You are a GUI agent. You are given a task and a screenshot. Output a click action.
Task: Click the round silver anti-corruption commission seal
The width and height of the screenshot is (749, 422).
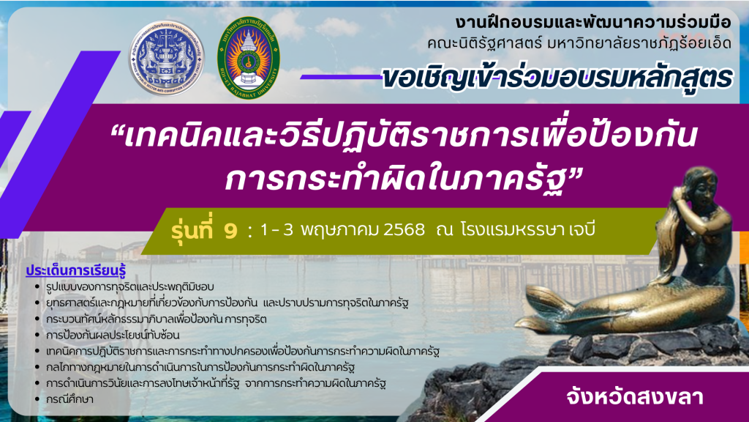tap(166, 59)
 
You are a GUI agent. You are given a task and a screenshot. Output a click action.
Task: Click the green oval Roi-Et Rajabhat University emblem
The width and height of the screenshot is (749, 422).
tap(249, 58)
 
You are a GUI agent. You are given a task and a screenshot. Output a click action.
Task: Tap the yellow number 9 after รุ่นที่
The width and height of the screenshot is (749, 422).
tap(230, 231)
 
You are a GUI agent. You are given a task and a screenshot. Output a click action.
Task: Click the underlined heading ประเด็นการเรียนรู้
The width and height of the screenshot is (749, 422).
tap(75, 270)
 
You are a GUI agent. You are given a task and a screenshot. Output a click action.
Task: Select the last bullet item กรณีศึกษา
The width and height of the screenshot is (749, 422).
tap(69, 399)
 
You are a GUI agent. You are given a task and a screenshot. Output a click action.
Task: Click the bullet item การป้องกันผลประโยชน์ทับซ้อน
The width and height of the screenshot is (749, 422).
tap(113, 335)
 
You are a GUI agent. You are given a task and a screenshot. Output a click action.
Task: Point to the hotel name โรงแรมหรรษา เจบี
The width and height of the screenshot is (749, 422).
tap(528, 230)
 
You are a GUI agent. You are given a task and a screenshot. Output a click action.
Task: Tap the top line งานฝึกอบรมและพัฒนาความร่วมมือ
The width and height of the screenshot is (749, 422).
tap(592, 23)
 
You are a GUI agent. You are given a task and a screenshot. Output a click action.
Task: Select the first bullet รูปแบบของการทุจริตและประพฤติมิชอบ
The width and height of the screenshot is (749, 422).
tap(130, 286)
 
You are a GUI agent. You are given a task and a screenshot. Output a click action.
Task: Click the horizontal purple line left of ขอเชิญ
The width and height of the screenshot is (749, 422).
tap(341, 76)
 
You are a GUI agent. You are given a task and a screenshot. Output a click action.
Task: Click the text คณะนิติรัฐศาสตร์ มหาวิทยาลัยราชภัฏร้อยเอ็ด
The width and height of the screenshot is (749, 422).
tap(579, 43)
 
